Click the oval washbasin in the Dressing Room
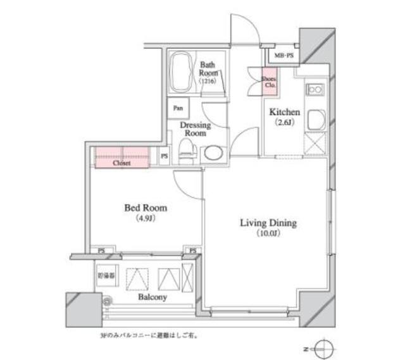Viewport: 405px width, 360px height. (213, 154)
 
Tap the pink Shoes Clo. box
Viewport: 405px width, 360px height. (269, 80)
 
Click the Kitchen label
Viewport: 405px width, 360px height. (285, 112)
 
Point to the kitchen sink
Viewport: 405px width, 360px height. (315, 120)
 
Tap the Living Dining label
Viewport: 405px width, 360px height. (268, 223)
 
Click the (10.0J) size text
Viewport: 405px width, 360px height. (268, 234)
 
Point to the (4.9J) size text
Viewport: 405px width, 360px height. (146, 219)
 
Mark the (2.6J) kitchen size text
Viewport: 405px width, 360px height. (285, 124)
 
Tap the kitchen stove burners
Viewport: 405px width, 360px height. (315, 90)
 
